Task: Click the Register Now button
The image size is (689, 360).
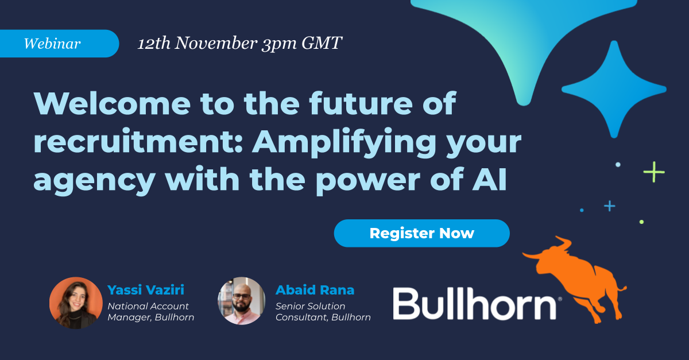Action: coord(421,233)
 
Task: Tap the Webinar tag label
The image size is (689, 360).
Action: coord(52,44)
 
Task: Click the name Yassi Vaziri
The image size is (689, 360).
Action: coord(146,290)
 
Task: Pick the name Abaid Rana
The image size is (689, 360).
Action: coord(315,290)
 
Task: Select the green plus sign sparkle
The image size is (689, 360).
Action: coord(653,171)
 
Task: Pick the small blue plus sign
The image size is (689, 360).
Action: coord(609,206)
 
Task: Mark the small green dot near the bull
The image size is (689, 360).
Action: coord(641,222)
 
